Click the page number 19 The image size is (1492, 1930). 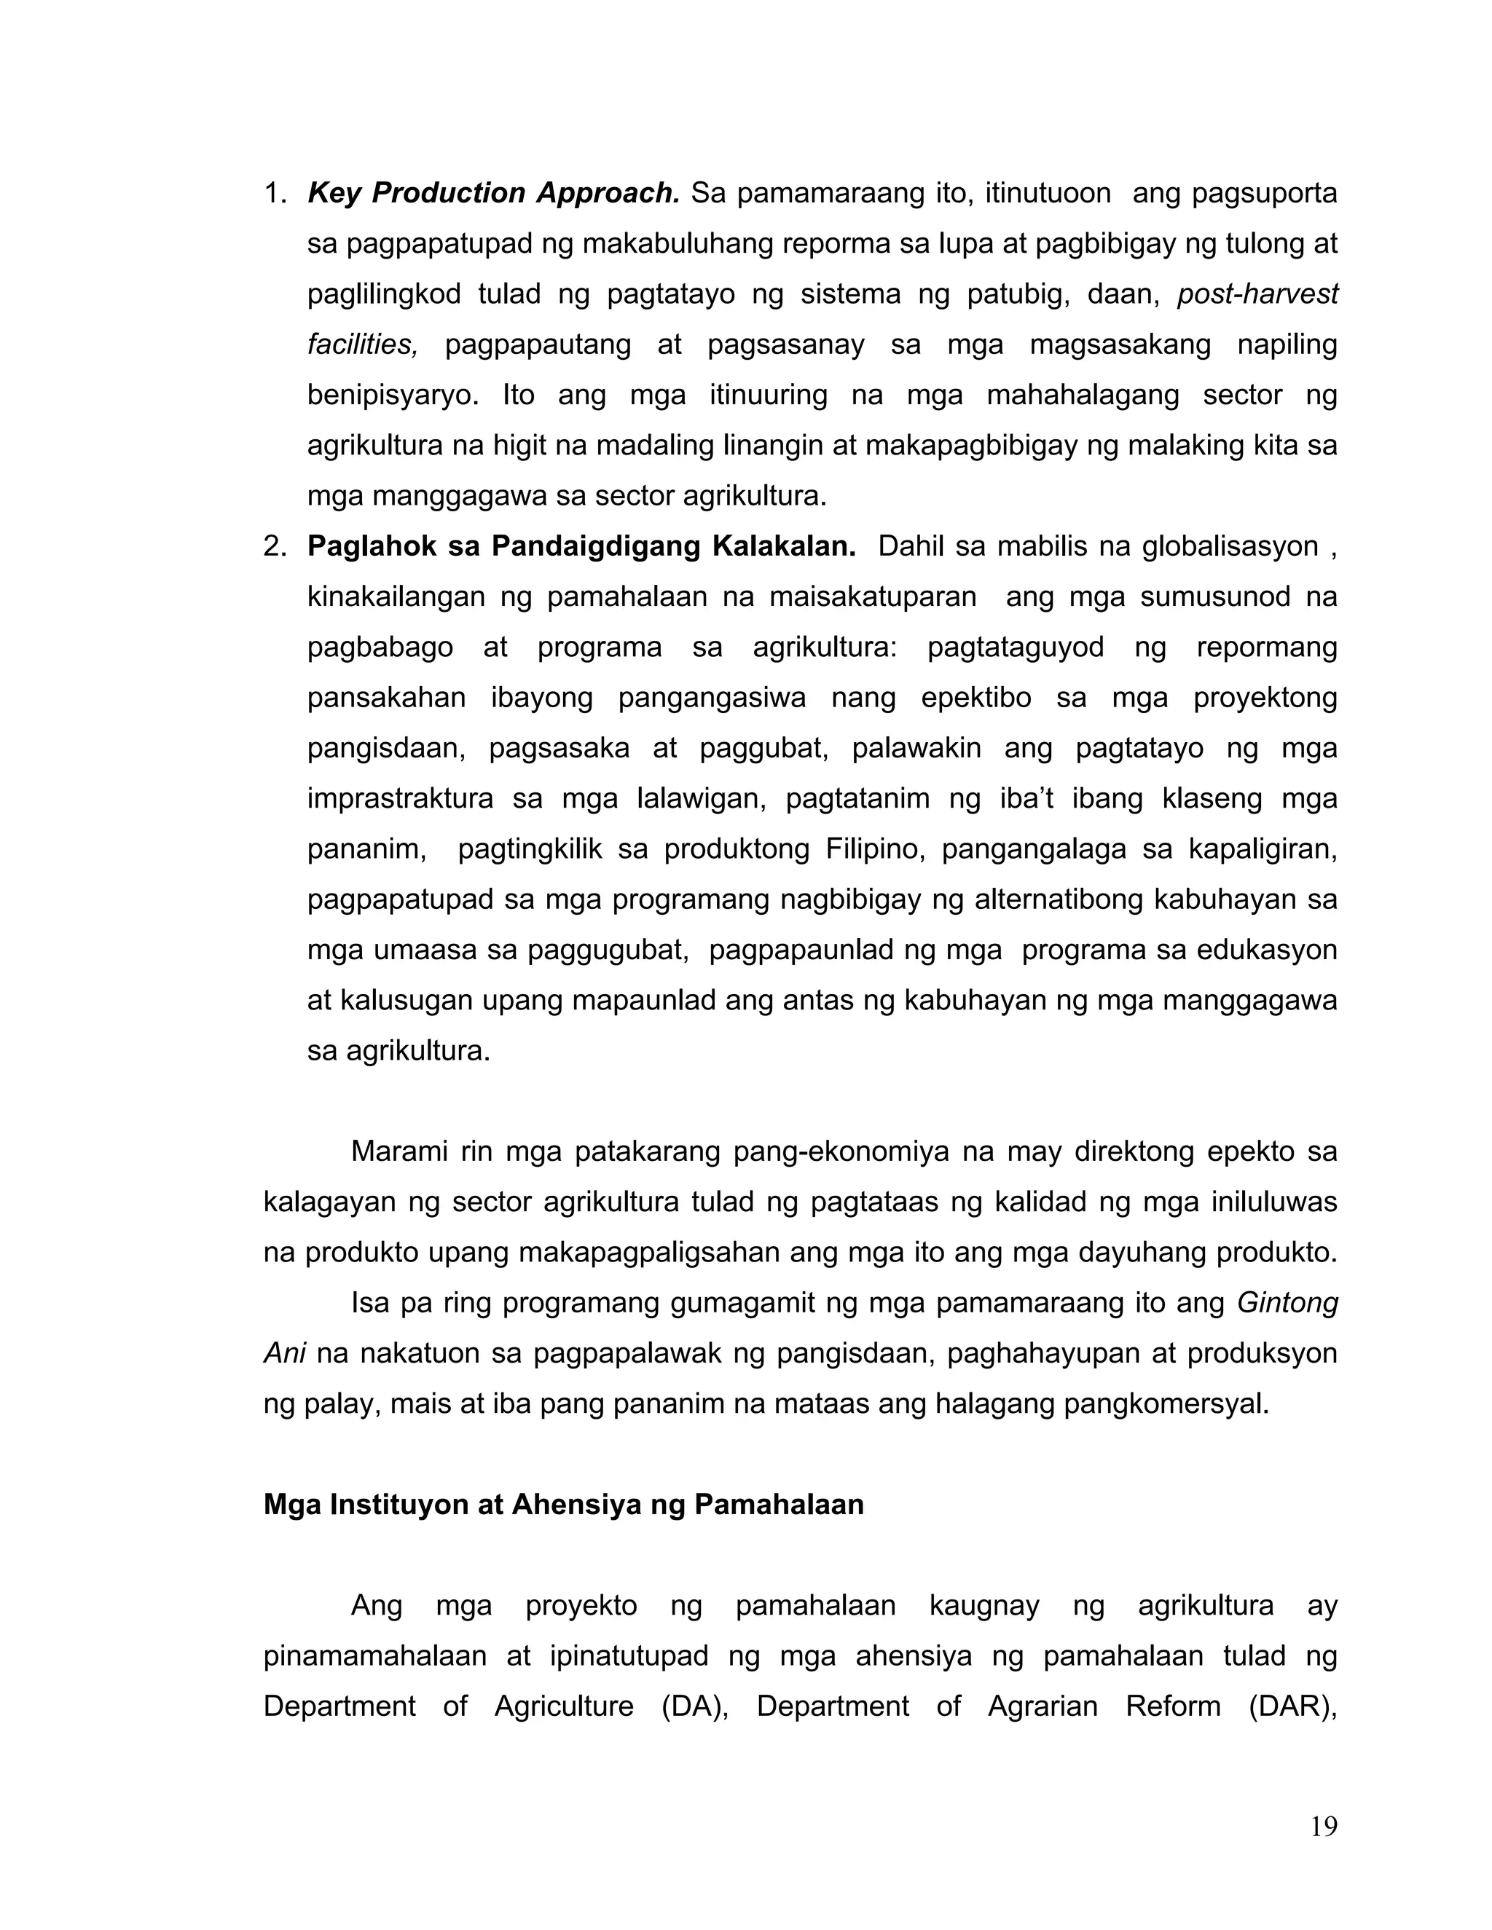1323,1826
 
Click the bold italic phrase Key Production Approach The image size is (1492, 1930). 493,193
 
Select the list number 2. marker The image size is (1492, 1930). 275,546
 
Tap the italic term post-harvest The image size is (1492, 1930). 1257,294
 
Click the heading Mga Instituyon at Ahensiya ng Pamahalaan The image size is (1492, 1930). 563,1504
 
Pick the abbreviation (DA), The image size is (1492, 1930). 695,1706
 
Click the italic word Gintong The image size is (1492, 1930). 1287,1303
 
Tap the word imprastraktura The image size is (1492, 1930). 401,799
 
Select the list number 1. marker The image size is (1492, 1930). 275,193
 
